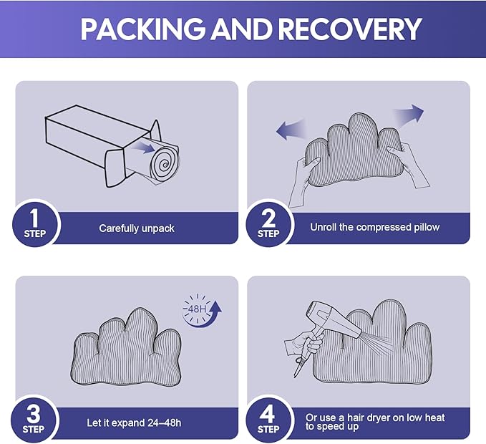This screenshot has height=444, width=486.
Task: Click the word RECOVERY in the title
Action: [x=349, y=29]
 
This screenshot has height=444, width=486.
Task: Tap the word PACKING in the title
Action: [x=142, y=29]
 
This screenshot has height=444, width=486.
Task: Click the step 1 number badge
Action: [x=34, y=223]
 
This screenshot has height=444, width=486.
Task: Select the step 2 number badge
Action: [x=268, y=223]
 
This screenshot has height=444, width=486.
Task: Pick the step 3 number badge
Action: [x=34, y=419]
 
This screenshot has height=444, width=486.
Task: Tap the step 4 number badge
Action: [x=268, y=419]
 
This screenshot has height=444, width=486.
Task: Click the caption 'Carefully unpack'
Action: [x=137, y=228]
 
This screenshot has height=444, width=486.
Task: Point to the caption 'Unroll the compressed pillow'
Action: [x=375, y=227]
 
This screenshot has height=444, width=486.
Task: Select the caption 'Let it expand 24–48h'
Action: [x=134, y=423]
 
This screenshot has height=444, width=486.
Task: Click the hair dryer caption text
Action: [x=375, y=422]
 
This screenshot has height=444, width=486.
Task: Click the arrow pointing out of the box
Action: [x=143, y=146]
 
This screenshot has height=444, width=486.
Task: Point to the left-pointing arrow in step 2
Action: [x=291, y=130]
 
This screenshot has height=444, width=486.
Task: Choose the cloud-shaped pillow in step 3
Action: [x=126, y=347]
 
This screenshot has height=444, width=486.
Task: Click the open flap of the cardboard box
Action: [x=115, y=167]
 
